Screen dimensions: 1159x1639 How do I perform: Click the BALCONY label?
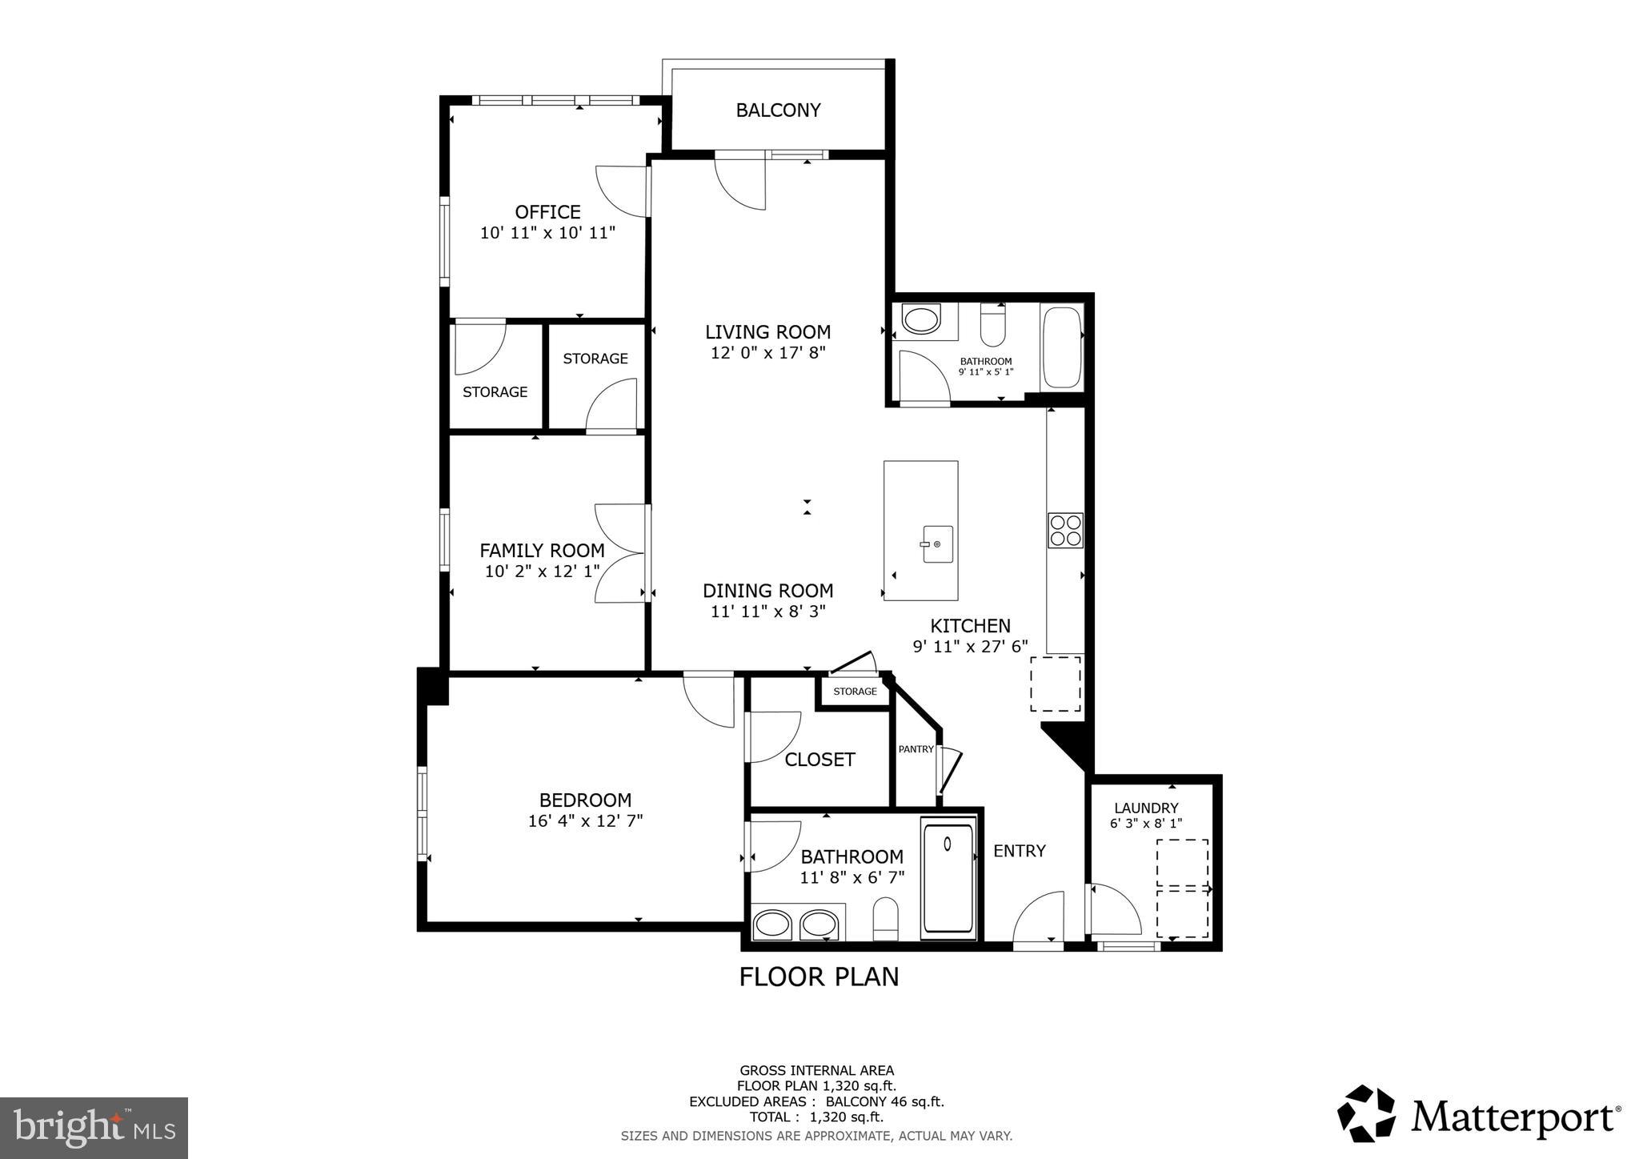tap(778, 110)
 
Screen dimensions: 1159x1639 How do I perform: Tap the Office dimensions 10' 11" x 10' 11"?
tap(547, 233)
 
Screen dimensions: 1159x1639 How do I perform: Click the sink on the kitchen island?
tap(936, 544)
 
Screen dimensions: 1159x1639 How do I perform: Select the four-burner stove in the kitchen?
tap(1065, 530)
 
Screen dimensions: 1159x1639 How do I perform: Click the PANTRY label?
tap(916, 749)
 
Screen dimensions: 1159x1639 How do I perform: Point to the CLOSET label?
tap(819, 760)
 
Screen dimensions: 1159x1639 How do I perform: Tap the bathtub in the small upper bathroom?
tap(1062, 348)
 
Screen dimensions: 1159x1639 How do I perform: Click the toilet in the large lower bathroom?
tap(886, 918)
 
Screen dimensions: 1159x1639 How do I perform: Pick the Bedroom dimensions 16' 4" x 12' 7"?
tap(585, 820)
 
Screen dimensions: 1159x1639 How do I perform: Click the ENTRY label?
tap(1019, 851)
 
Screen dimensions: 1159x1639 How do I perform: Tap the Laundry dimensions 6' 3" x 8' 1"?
tap(1146, 823)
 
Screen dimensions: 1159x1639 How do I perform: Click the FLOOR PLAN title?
tap(819, 977)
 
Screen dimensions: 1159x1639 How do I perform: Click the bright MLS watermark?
tap(94, 1128)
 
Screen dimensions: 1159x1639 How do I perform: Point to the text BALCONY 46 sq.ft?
tap(884, 1101)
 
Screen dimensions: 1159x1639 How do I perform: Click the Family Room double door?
tap(621, 553)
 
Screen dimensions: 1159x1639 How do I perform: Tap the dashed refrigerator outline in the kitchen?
tap(1056, 684)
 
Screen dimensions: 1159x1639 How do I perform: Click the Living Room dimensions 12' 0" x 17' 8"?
tap(767, 352)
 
